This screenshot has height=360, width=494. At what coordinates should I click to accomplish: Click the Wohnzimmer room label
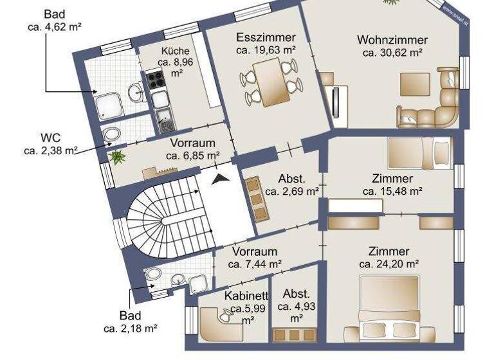pyautogui.click(x=392, y=40)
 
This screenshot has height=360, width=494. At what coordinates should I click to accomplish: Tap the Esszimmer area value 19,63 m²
pyautogui.click(x=266, y=50)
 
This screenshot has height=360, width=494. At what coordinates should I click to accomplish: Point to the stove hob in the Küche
pyautogui.click(x=156, y=80)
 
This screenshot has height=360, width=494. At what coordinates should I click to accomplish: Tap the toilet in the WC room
pyautogui.click(x=112, y=134)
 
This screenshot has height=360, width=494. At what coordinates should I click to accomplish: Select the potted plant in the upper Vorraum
pyautogui.click(x=118, y=156)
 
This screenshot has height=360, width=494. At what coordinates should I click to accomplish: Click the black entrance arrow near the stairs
pyautogui.click(x=220, y=179)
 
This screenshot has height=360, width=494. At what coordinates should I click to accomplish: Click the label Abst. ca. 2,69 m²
pyautogui.click(x=291, y=184)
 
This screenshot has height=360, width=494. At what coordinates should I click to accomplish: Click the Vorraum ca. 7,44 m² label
pyautogui.click(x=255, y=257)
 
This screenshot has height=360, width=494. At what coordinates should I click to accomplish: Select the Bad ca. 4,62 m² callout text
pyautogui.click(x=54, y=21)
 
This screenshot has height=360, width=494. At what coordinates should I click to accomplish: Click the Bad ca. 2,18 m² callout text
pyautogui.click(x=130, y=321)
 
